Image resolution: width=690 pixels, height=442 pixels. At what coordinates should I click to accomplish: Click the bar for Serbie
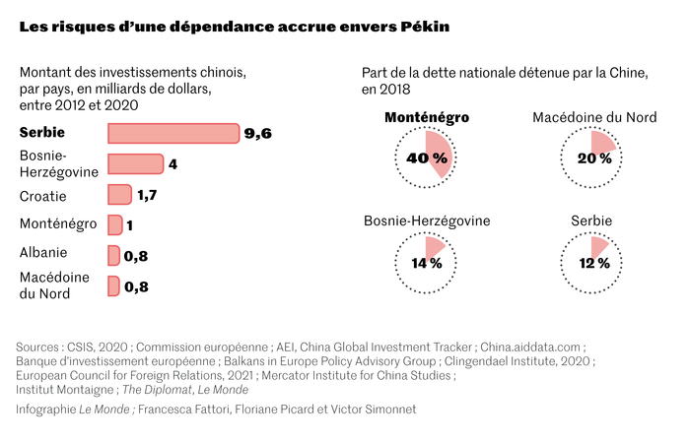click(172, 133)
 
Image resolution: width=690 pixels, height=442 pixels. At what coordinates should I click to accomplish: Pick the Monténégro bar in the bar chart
click(114, 224)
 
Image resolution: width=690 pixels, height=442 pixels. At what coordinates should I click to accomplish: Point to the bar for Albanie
click(113, 255)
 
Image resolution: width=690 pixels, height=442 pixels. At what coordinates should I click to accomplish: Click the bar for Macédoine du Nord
click(113, 286)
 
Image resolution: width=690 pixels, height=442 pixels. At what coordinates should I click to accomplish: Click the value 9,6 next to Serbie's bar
click(257, 134)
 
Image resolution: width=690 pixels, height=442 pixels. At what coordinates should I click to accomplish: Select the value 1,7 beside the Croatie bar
click(147, 195)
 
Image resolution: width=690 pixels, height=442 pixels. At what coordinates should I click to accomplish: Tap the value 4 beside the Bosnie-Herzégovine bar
click(172, 164)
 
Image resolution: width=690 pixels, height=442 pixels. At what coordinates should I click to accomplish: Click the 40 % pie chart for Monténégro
click(426, 157)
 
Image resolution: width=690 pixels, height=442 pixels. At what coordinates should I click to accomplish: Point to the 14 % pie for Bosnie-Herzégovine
click(426, 262)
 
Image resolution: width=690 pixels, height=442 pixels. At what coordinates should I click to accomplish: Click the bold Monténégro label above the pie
click(426, 118)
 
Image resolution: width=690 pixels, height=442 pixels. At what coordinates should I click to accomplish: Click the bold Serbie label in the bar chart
click(45, 133)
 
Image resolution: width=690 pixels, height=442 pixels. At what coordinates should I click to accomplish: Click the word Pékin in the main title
click(423, 27)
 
